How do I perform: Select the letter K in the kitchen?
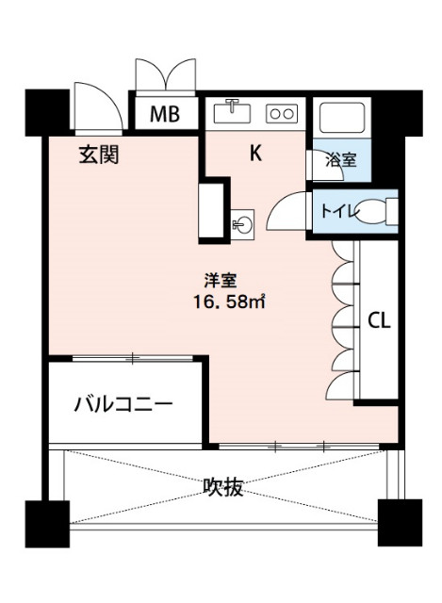pyautogui.click(x=254, y=154)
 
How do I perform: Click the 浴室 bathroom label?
pyautogui.click(x=340, y=160)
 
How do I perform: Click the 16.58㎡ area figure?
pyautogui.click(x=227, y=301)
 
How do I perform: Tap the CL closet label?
pyautogui.click(x=379, y=319)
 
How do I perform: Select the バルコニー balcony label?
pyautogui.click(x=123, y=406)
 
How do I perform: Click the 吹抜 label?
pyautogui.click(x=223, y=487)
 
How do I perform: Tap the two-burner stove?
pyautogui.click(x=281, y=114)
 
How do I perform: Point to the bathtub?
pyautogui.click(x=340, y=117)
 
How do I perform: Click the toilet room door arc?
pyautogui.click(x=287, y=212)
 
